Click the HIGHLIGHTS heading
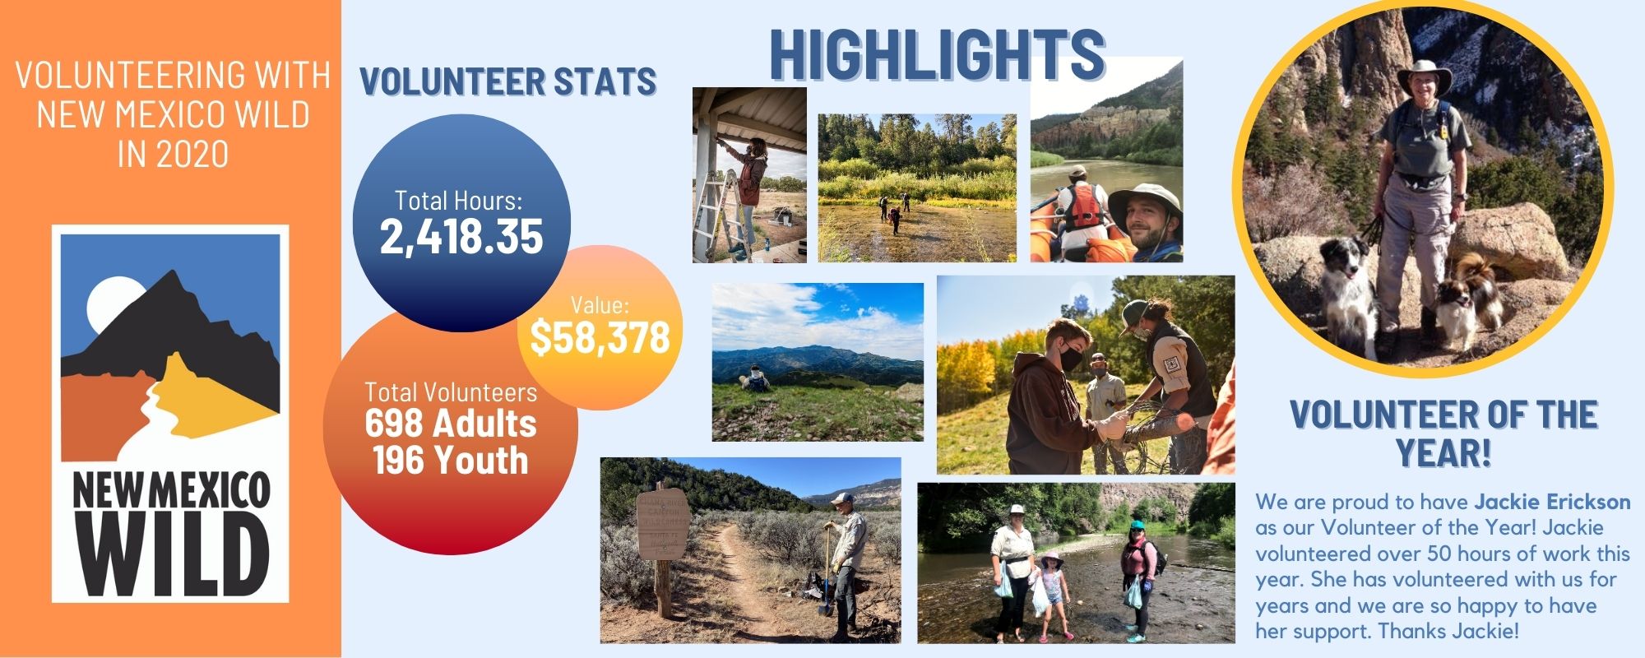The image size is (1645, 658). [x=938, y=54]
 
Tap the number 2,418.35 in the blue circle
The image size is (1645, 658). [x=461, y=236]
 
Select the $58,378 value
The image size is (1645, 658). [x=600, y=336]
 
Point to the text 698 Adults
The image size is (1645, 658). [x=451, y=424]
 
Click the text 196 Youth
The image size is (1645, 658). [x=451, y=460]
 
